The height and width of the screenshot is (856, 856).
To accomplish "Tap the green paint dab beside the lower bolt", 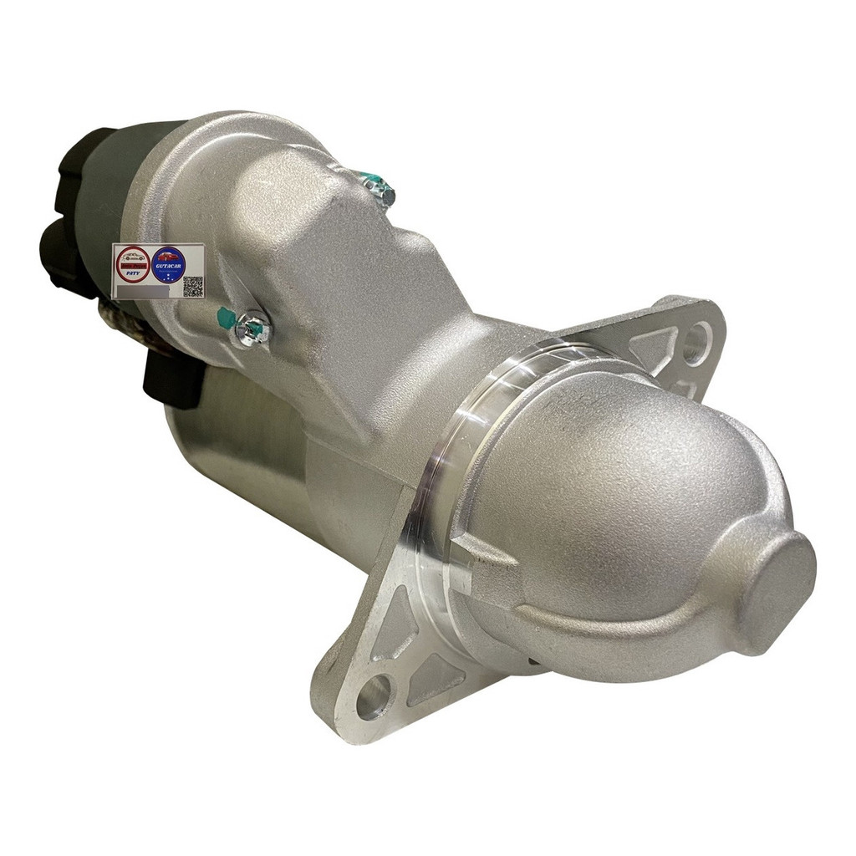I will pyautogui.click(x=227, y=318).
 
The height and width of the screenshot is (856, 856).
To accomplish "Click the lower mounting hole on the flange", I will pyautogui.click(x=373, y=696).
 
